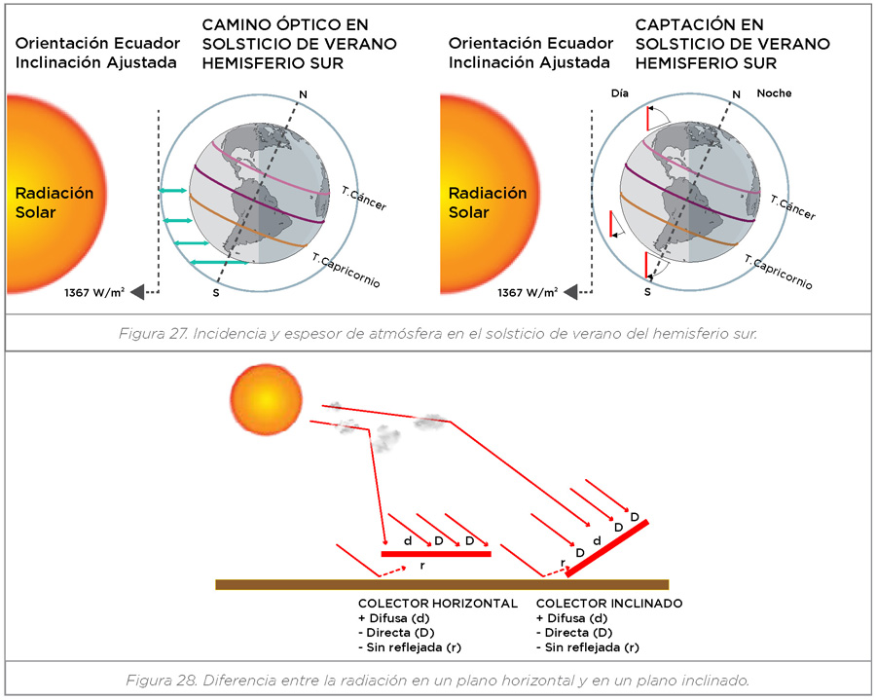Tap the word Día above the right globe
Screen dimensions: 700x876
pyautogui.click(x=620, y=93)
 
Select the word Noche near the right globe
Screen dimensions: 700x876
pyautogui.click(x=774, y=93)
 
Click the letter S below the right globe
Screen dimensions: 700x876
pyautogui.click(x=646, y=291)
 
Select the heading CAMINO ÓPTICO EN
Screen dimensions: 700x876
pyautogui.click(x=285, y=24)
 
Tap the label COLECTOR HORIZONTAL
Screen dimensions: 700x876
pyautogui.click(x=437, y=604)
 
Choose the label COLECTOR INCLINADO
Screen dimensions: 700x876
pyautogui.click(x=609, y=604)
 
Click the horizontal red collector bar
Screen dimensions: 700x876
pyautogui.click(x=435, y=553)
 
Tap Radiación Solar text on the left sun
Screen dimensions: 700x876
pyautogui.click(x=55, y=203)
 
